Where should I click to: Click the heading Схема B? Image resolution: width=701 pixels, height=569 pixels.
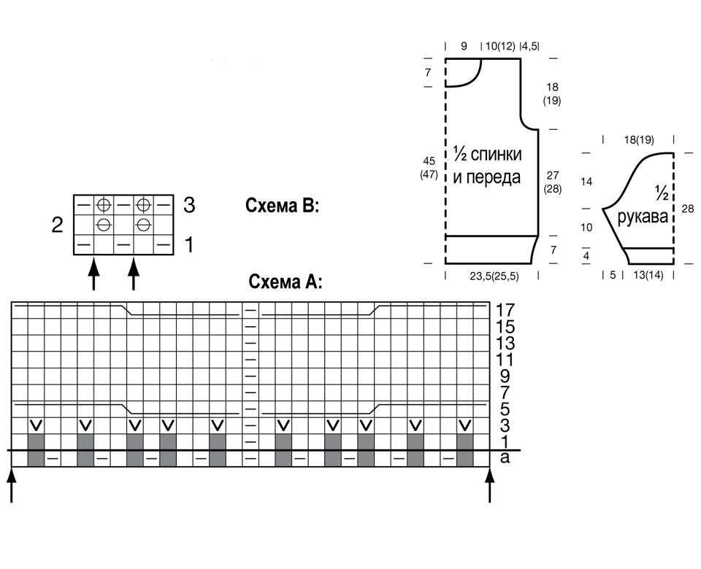point(282,206)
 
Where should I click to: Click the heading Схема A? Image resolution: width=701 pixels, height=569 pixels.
point(286,282)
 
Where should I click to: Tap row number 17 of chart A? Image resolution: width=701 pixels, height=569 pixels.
point(505,310)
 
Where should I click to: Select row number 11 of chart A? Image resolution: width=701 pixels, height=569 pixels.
point(505,360)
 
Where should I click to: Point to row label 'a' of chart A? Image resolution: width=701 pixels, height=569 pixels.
point(505,458)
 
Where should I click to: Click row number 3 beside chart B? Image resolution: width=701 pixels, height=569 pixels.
point(189,205)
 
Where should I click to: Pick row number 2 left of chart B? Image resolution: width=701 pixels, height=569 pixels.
point(57,225)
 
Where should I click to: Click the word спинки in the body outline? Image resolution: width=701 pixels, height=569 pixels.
point(497,154)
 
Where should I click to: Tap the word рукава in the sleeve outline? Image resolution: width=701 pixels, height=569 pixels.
point(643,217)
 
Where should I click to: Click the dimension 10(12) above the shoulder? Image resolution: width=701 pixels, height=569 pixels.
point(500,46)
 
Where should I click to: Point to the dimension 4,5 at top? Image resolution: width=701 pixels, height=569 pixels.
point(530,46)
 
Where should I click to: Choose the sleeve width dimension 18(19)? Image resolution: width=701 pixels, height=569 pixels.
point(639,140)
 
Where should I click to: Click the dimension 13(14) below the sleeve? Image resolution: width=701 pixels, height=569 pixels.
point(648,275)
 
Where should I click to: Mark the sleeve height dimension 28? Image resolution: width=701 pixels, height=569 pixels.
point(688,208)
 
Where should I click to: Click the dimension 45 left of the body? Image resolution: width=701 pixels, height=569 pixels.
point(429,160)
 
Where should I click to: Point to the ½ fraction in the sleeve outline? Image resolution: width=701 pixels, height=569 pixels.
point(662,192)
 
